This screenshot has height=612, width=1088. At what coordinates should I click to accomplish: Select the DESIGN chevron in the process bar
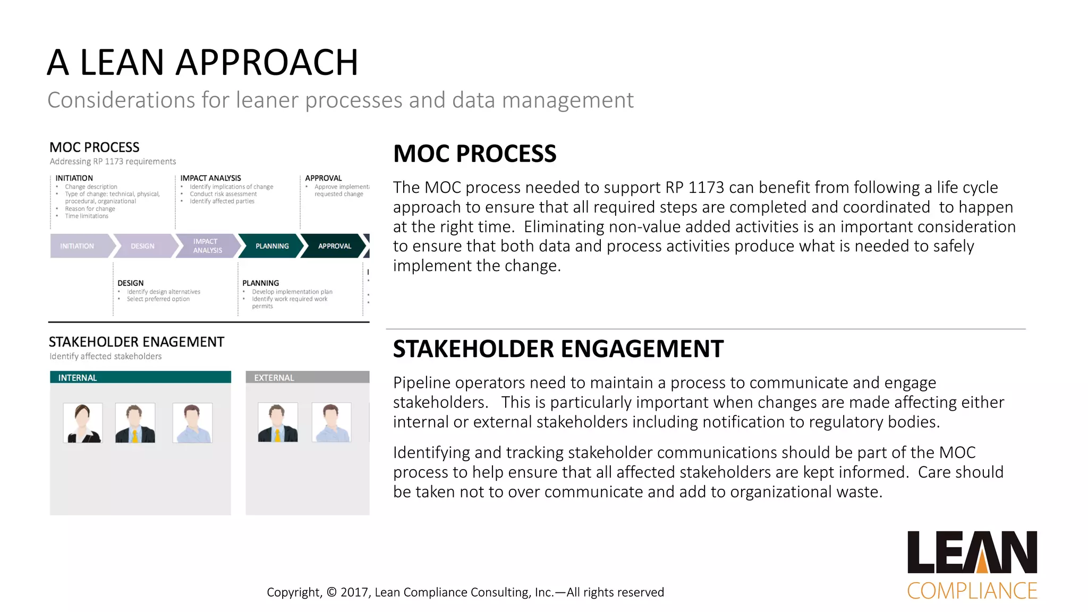point(143,246)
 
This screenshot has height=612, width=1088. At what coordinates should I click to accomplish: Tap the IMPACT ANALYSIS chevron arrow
point(207,246)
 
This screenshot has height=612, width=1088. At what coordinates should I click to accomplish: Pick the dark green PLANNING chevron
point(272,246)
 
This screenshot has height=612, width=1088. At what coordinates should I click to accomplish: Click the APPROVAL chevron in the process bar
point(334,246)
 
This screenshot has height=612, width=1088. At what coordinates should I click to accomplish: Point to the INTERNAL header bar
point(140,377)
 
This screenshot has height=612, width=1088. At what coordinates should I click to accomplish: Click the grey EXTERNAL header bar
point(307,377)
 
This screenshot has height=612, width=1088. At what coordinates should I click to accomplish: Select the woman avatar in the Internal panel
point(82,423)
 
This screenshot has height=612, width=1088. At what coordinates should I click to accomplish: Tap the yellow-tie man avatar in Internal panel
point(135,423)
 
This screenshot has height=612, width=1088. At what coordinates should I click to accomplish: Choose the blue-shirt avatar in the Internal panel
point(192,423)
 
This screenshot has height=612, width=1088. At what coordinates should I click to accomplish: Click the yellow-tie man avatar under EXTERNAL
point(277,423)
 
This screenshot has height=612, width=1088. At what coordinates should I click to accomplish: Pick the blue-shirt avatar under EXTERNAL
point(331,423)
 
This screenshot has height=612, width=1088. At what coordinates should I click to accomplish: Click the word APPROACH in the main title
point(267,62)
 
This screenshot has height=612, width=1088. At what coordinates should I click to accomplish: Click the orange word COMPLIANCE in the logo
point(972,591)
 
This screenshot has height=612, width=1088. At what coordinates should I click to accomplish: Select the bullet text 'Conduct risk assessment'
point(223,194)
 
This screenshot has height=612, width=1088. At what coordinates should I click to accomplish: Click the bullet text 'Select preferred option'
point(158,299)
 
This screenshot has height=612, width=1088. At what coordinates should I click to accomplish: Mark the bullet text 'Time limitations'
point(87,216)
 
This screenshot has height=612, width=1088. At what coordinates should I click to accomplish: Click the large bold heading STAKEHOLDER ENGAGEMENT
point(558,349)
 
